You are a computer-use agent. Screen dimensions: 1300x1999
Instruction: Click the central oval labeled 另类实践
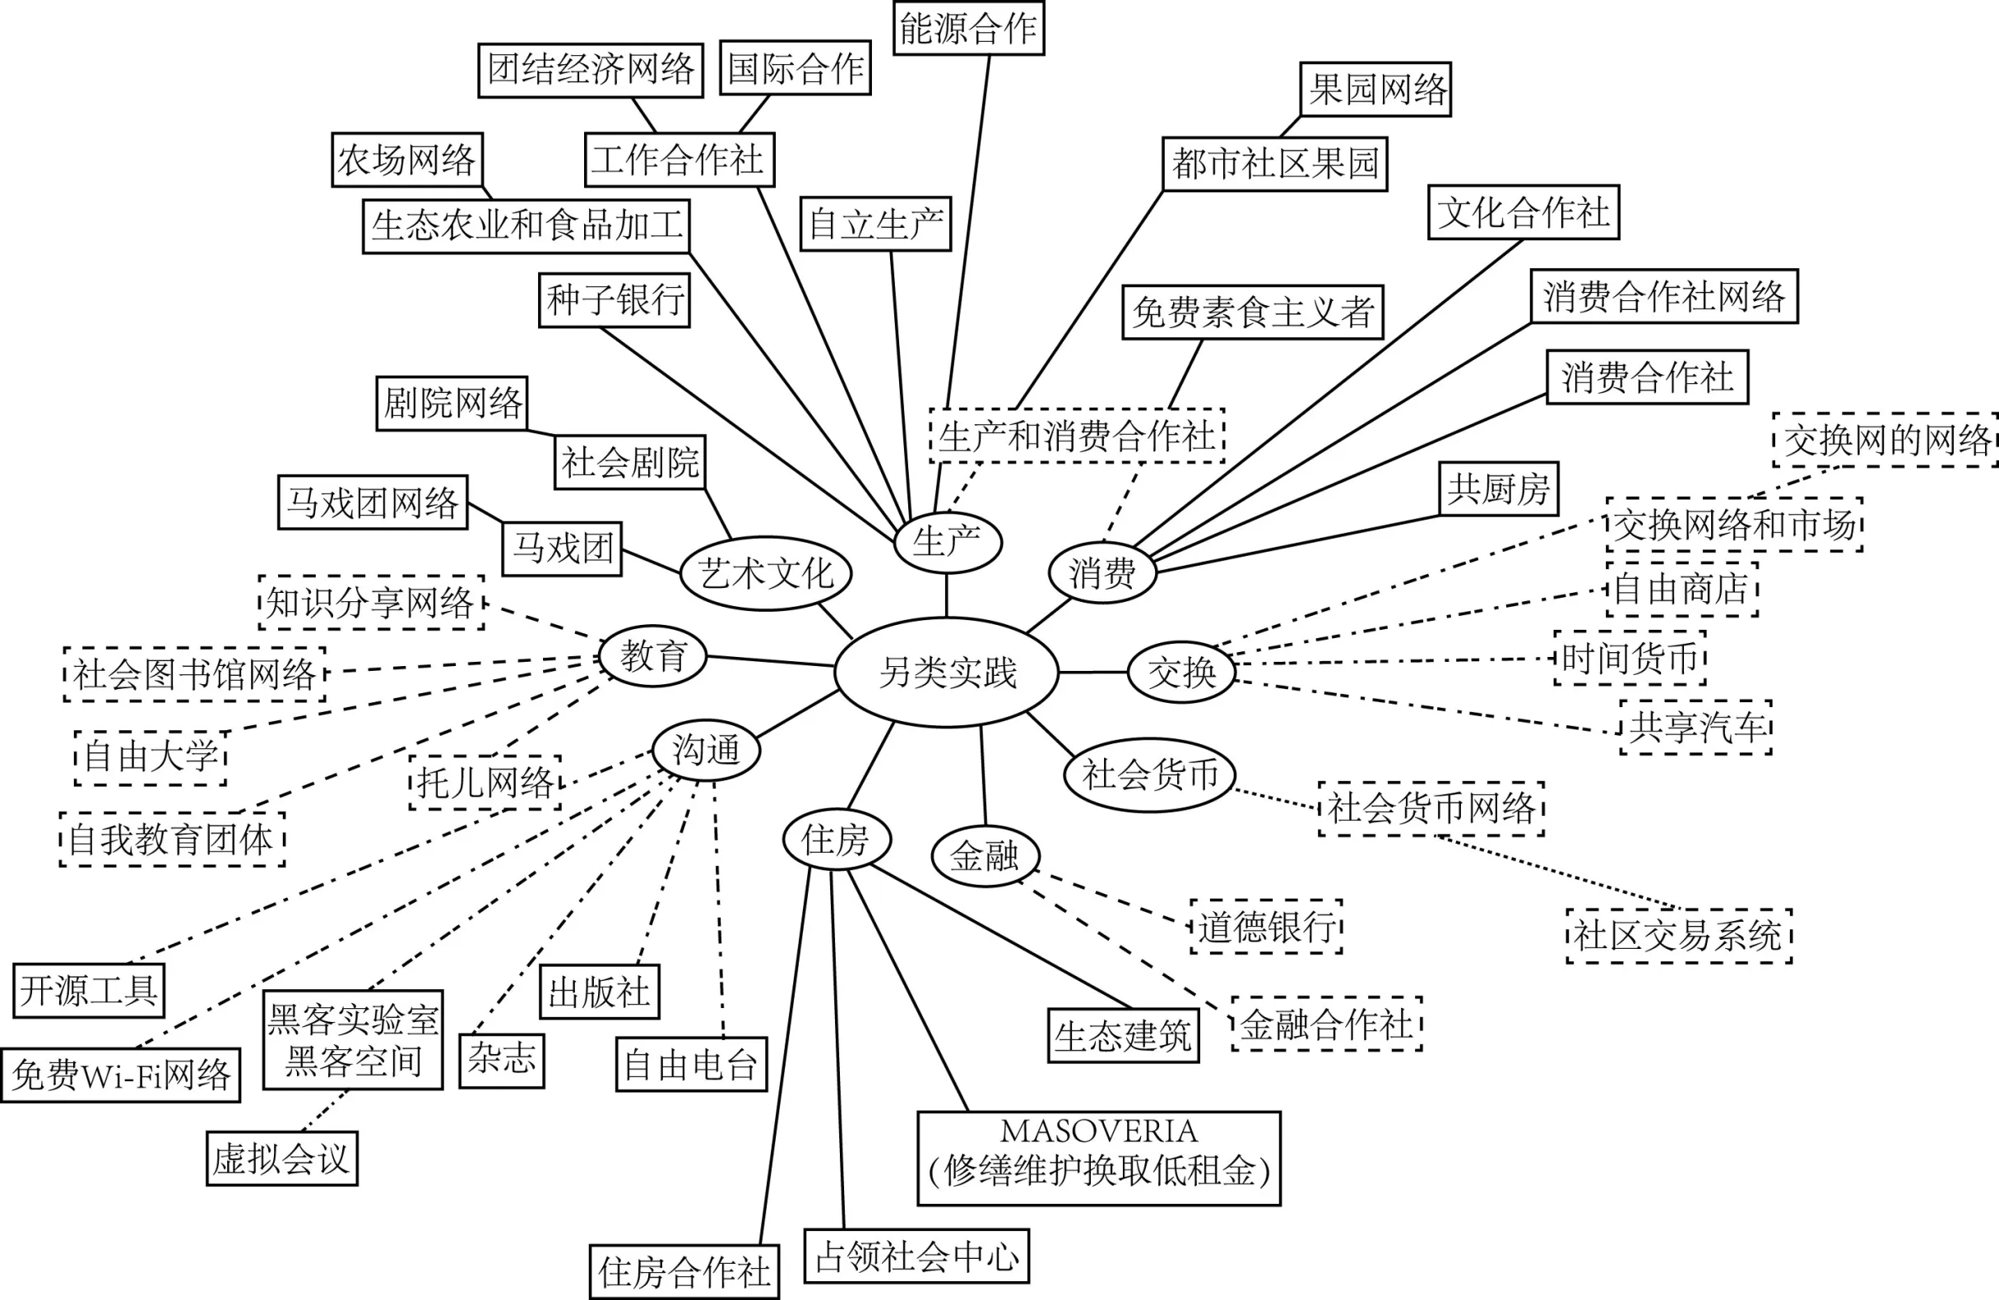947,672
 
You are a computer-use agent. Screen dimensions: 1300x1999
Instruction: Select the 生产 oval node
948,542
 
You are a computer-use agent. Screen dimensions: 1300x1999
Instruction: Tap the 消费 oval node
1102,573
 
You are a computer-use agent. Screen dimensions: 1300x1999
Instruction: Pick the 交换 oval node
1181,672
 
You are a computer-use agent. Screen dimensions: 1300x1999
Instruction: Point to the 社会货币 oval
1149,774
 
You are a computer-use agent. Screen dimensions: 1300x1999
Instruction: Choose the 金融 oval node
986,856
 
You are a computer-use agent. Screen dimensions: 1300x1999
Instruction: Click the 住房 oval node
837,839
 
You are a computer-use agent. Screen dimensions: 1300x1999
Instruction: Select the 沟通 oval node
707,749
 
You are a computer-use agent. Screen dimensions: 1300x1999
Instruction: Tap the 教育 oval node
652,656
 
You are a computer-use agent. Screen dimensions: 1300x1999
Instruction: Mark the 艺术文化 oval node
765,574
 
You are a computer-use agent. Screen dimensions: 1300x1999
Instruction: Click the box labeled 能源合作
967,29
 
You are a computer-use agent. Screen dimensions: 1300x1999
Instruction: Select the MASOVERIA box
1098,1158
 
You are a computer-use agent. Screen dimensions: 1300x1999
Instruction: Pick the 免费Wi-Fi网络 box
121,1075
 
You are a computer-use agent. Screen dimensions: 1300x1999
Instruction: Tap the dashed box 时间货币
1630,658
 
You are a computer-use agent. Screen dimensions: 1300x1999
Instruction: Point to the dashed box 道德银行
1266,928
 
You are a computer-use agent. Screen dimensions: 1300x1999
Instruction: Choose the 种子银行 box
614,300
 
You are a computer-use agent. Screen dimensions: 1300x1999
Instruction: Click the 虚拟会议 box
281,1159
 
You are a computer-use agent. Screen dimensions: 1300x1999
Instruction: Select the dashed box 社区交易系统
1678,936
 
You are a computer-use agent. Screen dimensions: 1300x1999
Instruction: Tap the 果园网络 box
1375,89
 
